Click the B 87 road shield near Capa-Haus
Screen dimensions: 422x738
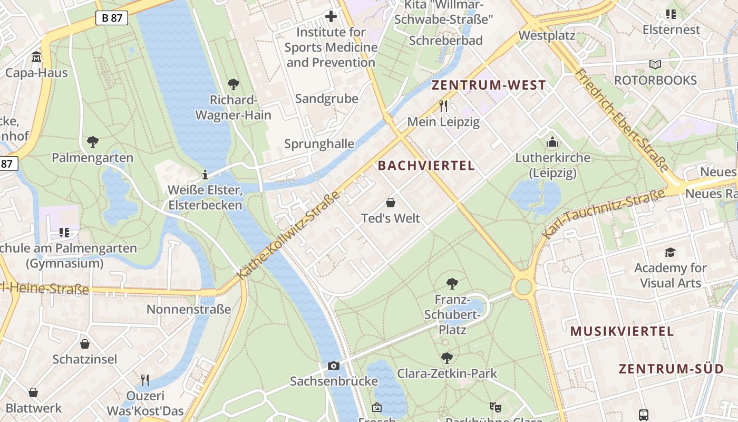(x=112, y=18)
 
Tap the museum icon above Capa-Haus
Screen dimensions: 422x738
(x=36, y=56)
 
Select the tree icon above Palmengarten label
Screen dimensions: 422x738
(x=93, y=141)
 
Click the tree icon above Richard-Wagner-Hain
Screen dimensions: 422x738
(x=233, y=84)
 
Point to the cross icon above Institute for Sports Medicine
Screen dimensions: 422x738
(x=331, y=16)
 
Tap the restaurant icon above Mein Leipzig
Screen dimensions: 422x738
(x=443, y=106)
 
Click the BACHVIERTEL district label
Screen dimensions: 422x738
(x=426, y=166)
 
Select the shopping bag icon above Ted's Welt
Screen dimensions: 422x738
(x=391, y=203)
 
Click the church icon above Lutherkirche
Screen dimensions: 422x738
(x=552, y=142)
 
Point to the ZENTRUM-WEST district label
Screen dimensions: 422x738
(x=489, y=85)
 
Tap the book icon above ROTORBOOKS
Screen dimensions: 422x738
(x=655, y=64)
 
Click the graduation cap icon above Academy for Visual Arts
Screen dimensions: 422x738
(x=670, y=252)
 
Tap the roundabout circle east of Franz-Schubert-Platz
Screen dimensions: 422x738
(x=523, y=287)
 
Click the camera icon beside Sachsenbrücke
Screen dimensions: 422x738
(x=333, y=366)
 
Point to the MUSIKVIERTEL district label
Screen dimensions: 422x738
(x=622, y=332)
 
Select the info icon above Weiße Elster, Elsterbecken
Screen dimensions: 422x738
(x=205, y=175)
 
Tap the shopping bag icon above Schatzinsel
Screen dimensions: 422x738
(x=85, y=344)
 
